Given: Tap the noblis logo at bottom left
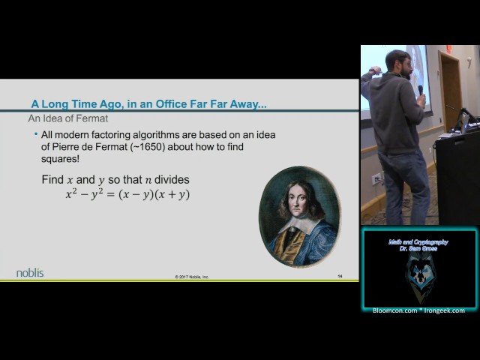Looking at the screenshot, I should [x=31, y=272].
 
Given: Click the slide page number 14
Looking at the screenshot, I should [x=340, y=276].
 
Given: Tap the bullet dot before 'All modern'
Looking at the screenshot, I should [x=35, y=133].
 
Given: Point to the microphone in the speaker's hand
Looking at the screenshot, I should [x=421, y=90].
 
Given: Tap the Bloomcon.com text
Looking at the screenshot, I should [x=395, y=310].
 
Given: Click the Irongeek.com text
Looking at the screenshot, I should [x=445, y=310].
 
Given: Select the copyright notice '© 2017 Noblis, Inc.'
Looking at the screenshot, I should [x=192, y=277].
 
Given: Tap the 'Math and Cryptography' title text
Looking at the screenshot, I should [x=418, y=242].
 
